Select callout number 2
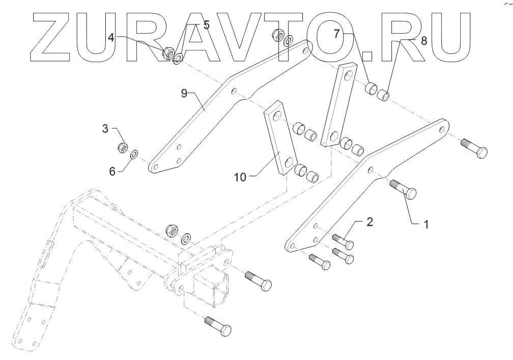(x=370, y=221)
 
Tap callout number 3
(x=105, y=128)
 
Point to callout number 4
(x=111, y=37)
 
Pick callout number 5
(x=206, y=25)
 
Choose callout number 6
(x=112, y=172)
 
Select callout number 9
(x=184, y=93)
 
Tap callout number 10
(x=241, y=177)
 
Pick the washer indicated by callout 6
(x=135, y=153)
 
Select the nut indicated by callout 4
(x=167, y=52)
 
